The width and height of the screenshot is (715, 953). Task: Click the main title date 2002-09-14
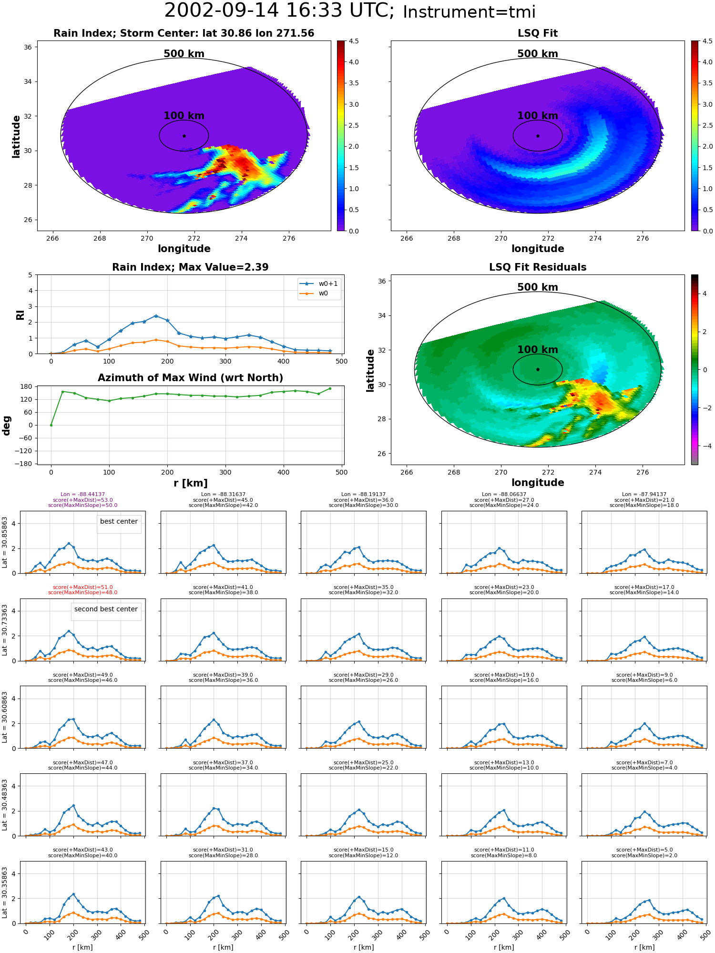(222, 10)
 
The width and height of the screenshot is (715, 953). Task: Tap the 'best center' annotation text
(119, 521)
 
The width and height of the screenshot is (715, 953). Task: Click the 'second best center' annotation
(106, 609)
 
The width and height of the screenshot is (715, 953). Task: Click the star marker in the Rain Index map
(184, 136)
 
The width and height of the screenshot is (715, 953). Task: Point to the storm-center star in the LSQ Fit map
(538, 136)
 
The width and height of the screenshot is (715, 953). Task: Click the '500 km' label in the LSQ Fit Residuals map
(538, 287)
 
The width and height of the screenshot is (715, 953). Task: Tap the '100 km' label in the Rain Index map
(184, 116)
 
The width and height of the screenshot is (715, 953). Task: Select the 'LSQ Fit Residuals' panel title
(538, 267)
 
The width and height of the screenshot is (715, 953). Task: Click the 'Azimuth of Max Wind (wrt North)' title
(190, 378)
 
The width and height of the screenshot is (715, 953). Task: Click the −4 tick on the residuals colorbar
(703, 446)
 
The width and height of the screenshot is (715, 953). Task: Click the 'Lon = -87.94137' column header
(644, 495)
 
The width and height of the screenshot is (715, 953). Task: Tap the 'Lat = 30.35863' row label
(5, 892)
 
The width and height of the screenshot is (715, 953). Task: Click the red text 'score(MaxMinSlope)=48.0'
(82, 593)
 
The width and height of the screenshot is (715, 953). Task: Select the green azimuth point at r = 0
(51, 425)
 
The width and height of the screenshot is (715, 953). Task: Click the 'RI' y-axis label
(20, 314)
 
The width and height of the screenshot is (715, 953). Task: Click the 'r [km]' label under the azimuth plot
(190, 483)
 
